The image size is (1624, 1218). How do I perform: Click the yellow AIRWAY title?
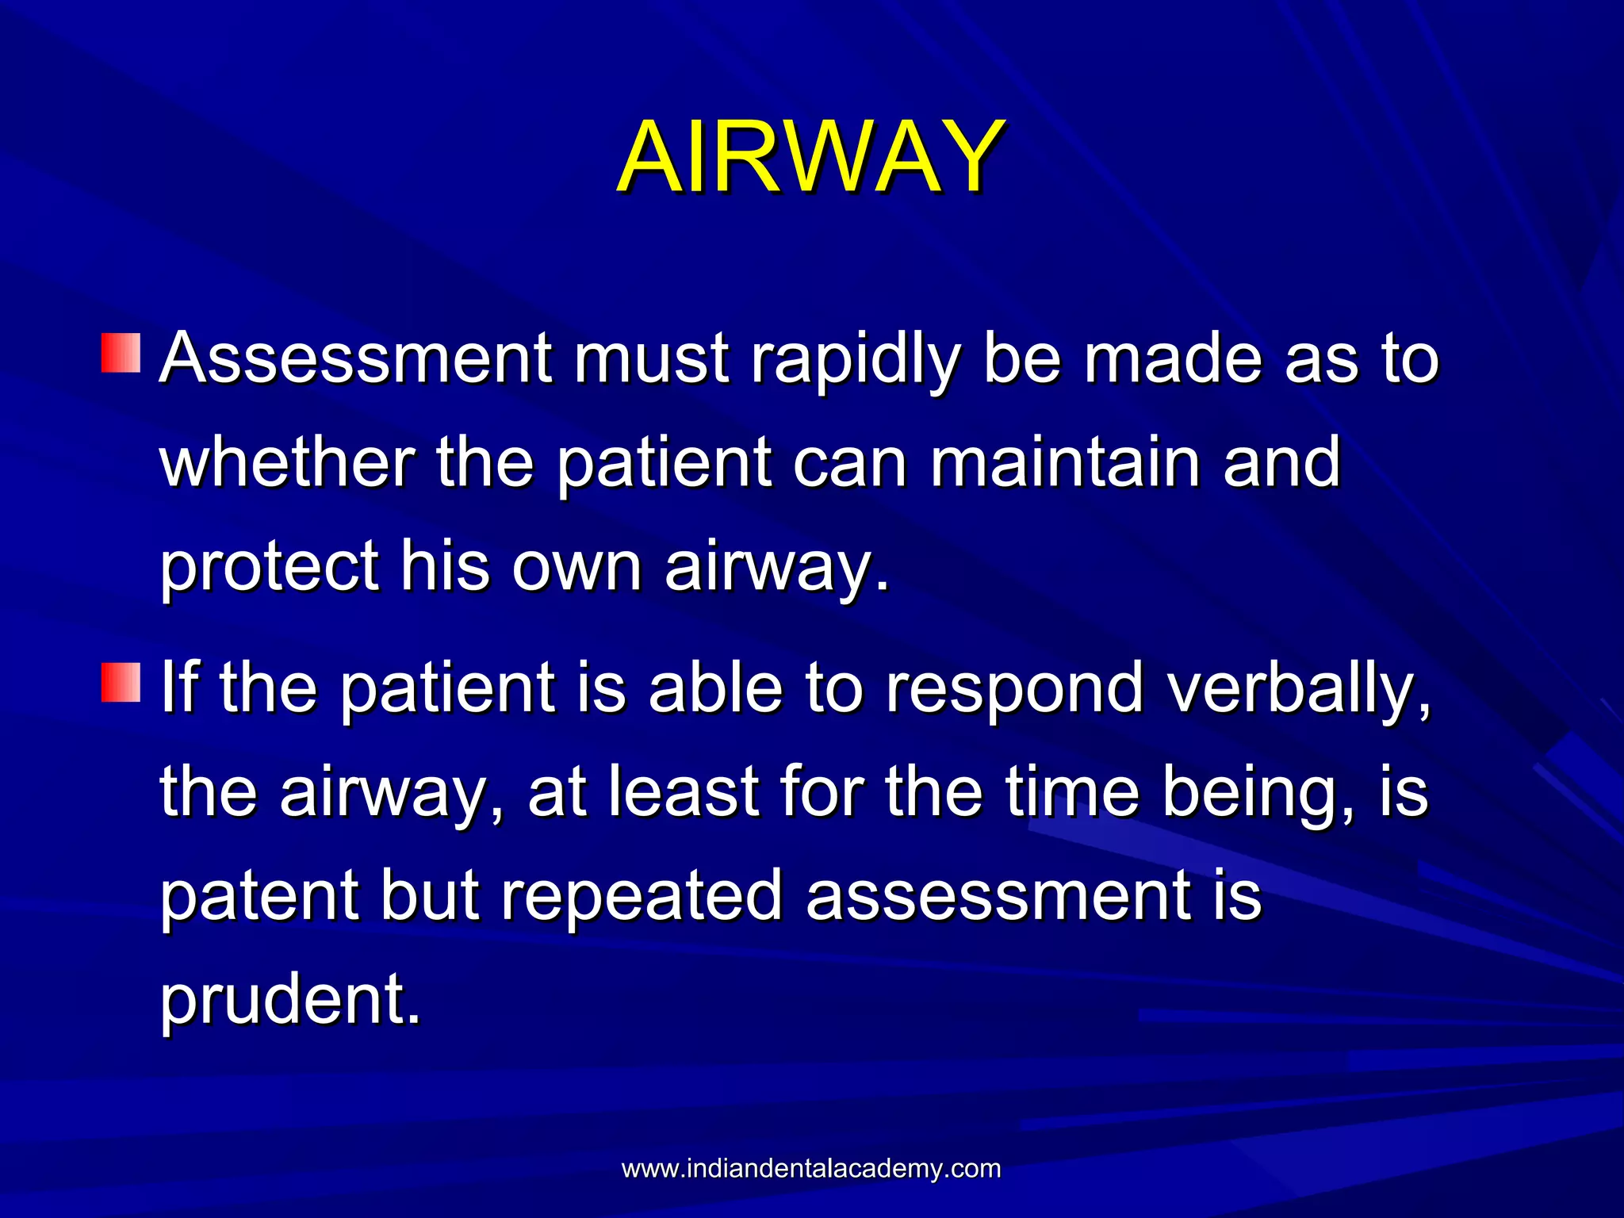click(x=810, y=156)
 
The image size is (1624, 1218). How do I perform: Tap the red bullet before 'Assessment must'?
click(x=121, y=353)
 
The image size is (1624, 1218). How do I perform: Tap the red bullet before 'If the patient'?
click(x=121, y=683)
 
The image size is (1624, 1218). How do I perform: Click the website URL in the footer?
click(x=810, y=1168)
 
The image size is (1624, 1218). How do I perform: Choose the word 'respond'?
click(x=1013, y=688)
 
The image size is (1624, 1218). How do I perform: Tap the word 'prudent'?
click(x=289, y=1000)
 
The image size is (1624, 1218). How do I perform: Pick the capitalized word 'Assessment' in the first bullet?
click(x=355, y=358)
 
